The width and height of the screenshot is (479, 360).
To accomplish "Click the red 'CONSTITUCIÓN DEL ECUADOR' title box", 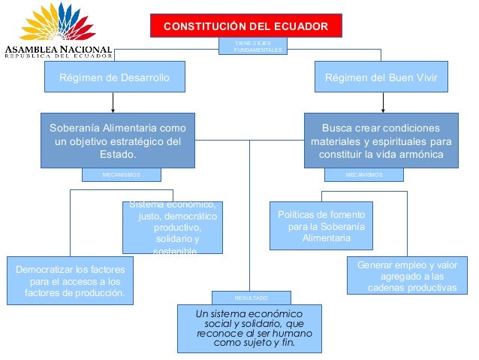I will click(x=246, y=26).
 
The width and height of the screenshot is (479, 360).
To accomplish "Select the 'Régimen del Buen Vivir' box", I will click(x=386, y=77).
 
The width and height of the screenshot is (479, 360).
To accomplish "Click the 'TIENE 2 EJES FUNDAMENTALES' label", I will click(x=255, y=46).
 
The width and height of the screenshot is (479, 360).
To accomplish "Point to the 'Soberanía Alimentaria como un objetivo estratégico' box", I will click(x=118, y=141).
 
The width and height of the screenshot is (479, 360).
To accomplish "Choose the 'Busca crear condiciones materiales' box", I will click(x=381, y=141).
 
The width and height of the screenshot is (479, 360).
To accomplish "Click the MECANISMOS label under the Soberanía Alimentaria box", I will click(x=120, y=174).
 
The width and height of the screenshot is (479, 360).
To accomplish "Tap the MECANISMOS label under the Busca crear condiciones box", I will click(x=363, y=174).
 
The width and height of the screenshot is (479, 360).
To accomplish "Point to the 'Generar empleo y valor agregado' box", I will click(x=406, y=276).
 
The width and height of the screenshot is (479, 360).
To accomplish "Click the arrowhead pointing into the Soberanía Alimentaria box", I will click(x=113, y=109).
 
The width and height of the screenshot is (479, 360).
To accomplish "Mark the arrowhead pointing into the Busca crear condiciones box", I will click(x=386, y=109).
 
